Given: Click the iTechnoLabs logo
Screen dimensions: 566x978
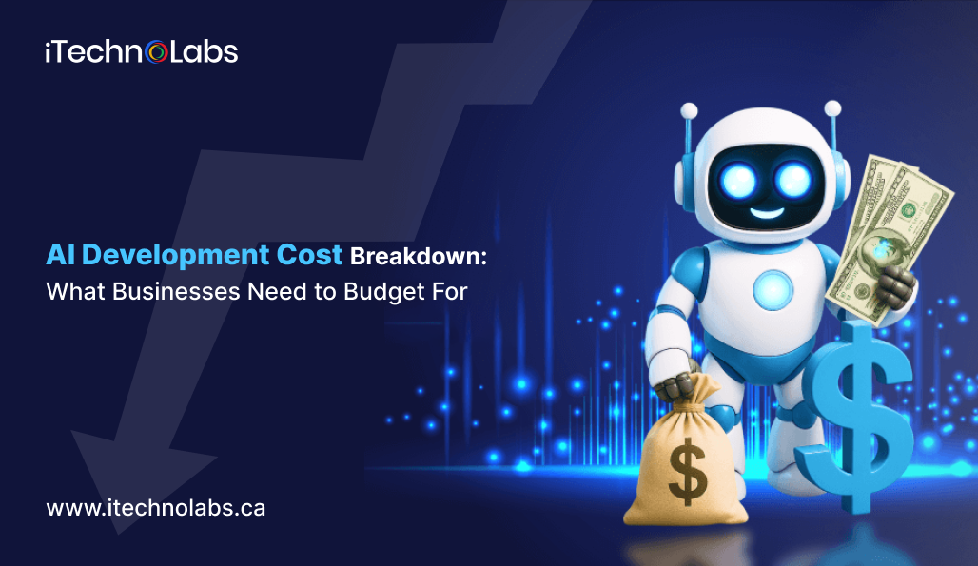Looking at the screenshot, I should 142,51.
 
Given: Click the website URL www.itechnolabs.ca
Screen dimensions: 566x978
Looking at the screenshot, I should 155,508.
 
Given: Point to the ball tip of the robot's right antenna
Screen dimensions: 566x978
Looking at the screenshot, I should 832,107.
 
